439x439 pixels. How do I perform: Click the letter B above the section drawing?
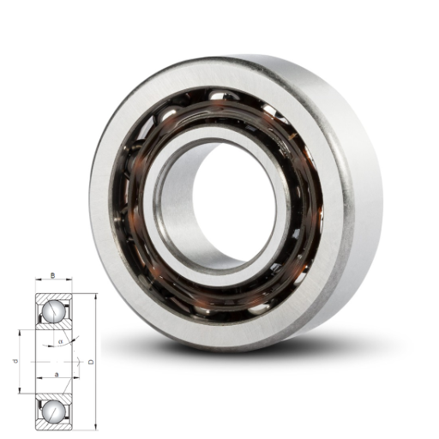[x=52, y=275]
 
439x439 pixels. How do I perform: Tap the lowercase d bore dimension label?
[x=15, y=362]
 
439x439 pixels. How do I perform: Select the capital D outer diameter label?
[x=91, y=362]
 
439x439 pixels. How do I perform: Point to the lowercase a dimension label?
[x=57, y=374]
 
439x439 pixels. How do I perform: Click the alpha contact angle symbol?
[x=60, y=341]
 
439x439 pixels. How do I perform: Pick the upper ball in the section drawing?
[x=53, y=311]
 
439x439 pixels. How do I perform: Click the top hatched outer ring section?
[x=53, y=297]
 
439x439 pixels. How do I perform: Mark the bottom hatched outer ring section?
[x=53, y=425]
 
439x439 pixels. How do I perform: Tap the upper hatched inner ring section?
[x=54, y=326]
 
